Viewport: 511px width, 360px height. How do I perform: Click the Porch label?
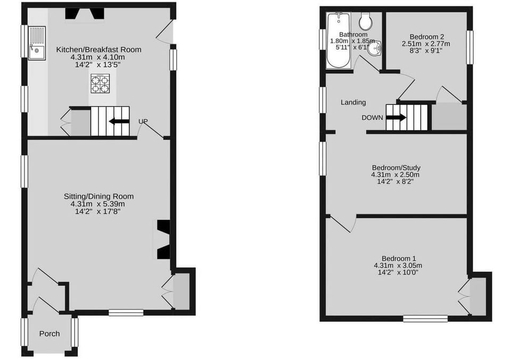50,333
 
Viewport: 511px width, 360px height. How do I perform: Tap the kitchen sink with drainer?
37,43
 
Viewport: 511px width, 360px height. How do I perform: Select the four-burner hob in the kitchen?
100,84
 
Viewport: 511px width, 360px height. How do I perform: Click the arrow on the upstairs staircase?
396,117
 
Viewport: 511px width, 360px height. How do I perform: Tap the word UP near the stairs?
143,121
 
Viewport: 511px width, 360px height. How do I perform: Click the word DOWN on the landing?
372,118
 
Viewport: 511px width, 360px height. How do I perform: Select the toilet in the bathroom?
366,21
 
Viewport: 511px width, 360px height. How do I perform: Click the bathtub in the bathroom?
339,40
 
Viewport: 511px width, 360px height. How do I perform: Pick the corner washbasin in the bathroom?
375,49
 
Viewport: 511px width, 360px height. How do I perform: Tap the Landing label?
353,102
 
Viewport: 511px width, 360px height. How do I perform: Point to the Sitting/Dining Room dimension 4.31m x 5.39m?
98,204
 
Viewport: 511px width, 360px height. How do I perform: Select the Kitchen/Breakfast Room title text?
99,50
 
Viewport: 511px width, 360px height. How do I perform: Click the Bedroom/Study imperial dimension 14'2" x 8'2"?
395,182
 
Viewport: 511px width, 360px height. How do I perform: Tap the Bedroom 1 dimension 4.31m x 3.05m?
398,265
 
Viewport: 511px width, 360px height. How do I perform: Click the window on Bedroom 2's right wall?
470,47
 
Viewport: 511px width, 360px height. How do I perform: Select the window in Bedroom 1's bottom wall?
425,318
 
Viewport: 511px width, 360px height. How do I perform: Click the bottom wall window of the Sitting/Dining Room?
126,313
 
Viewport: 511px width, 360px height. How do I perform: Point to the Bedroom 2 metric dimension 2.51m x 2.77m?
426,44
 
